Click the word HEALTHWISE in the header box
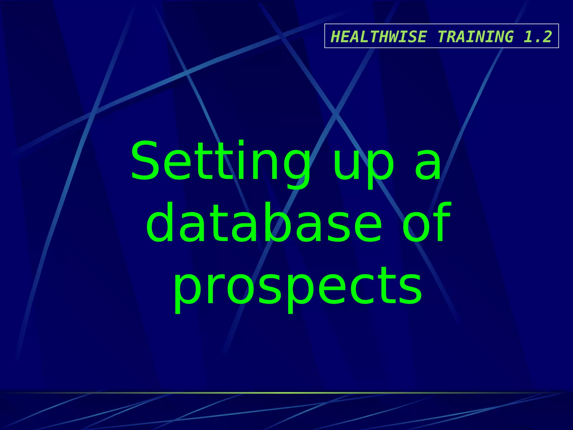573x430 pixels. [x=379, y=37]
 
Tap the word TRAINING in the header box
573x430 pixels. [x=475, y=37]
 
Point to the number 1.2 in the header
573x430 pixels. [x=537, y=37]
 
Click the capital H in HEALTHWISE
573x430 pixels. [x=335, y=37]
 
